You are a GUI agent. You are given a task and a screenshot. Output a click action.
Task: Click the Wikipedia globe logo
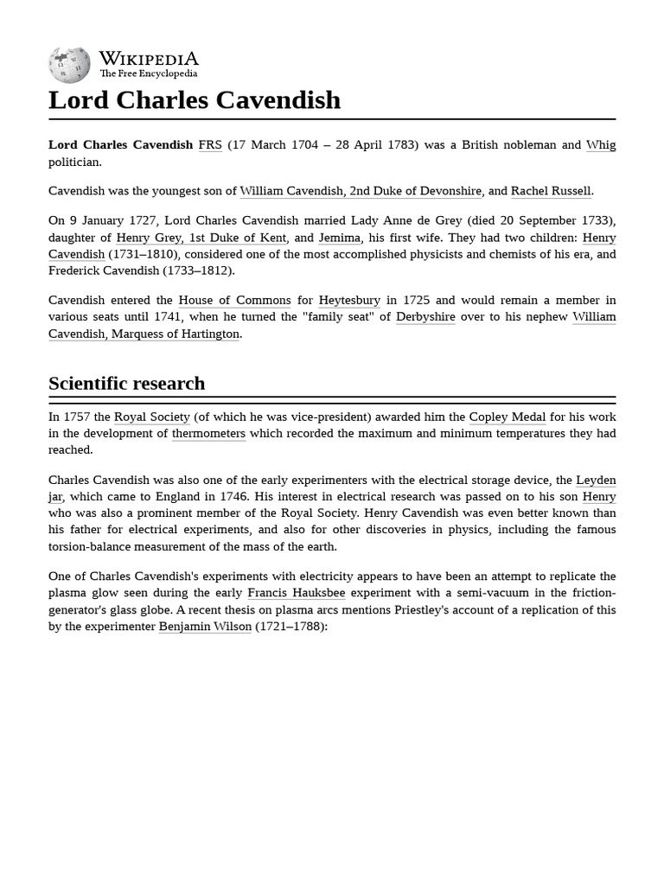69,66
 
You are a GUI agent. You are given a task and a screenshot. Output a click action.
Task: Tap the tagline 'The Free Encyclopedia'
148,74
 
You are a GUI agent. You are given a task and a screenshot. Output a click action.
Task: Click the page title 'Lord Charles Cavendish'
195,100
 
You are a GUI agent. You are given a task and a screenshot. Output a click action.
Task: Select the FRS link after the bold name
210,145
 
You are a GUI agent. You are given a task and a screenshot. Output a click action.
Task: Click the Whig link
601,145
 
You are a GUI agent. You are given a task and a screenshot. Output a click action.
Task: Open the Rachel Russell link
551,191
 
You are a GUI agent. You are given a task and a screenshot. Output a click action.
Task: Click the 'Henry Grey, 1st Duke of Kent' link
201,238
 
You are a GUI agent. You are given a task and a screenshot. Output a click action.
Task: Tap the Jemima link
339,238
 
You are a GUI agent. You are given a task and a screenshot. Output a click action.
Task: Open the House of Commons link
234,301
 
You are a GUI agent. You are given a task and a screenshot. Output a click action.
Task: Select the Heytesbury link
349,301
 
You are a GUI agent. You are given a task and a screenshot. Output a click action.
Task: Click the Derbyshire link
425,317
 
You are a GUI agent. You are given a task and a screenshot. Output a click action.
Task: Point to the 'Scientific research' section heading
127,383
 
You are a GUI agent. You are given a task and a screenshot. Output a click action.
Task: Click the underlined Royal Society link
152,417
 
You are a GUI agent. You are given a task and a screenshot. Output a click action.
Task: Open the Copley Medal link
508,417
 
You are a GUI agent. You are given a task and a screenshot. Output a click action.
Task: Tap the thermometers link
208,434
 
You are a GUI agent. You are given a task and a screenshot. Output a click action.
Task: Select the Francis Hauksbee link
296,593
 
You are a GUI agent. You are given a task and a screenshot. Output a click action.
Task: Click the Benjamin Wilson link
205,627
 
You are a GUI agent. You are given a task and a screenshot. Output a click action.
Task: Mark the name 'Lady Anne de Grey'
406,221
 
